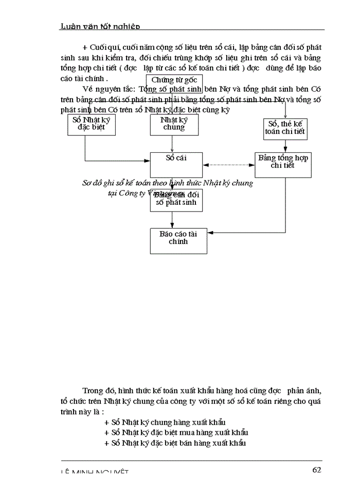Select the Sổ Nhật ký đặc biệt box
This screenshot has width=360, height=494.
[92, 125]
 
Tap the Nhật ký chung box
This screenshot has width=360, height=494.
[174, 125]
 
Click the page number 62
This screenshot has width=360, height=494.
[317, 469]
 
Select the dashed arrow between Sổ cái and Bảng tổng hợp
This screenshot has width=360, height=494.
[228, 165]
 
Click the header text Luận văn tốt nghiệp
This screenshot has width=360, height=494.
[100, 26]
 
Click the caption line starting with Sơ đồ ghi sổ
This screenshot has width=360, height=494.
[168, 183]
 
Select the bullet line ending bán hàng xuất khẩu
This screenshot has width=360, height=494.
[175, 443]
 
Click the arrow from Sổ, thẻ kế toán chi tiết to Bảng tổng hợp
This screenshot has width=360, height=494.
[285, 146]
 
